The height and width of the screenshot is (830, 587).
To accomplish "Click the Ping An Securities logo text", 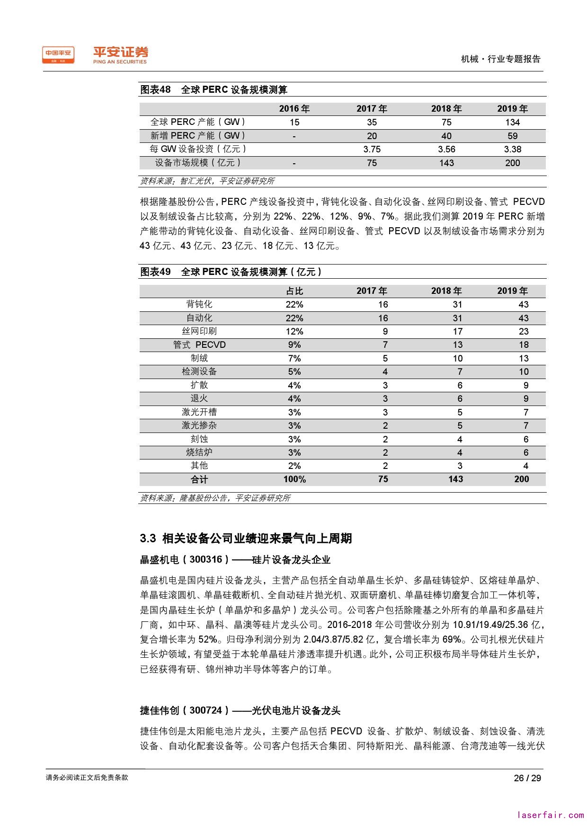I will (x=120, y=55).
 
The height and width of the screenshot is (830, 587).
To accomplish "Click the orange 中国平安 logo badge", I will (x=58, y=55).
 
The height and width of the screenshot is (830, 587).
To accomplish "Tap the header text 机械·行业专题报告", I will (x=500, y=59).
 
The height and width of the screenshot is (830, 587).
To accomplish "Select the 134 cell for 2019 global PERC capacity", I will (x=512, y=122).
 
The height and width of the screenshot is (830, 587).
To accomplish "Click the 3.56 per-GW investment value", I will (x=446, y=149).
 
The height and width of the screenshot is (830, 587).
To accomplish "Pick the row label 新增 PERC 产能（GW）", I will (x=198, y=136).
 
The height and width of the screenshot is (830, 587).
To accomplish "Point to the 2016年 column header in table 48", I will (x=294, y=109).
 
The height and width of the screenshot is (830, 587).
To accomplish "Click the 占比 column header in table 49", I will (x=294, y=291).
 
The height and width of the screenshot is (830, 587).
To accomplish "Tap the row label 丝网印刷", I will (x=199, y=331).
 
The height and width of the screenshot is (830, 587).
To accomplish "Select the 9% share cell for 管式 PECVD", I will (x=294, y=345).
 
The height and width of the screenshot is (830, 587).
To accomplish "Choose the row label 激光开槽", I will (x=199, y=412).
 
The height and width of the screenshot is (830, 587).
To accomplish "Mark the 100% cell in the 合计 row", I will (x=294, y=479).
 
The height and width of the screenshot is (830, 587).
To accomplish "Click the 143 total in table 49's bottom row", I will (x=455, y=479).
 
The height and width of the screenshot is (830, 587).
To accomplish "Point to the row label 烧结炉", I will (x=199, y=452).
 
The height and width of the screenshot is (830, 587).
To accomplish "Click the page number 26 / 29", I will (x=527, y=778).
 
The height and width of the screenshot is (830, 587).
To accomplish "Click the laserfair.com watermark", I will (x=551, y=815).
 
